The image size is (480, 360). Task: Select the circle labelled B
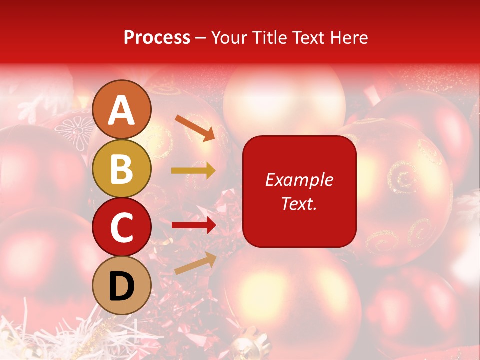(x=122, y=169)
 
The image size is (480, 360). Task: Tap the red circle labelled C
(x=122, y=227)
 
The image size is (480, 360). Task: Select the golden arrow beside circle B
(x=193, y=171)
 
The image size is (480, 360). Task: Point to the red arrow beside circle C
(x=193, y=225)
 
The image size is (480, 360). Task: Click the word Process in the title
(x=157, y=37)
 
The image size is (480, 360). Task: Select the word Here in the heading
(x=349, y=37)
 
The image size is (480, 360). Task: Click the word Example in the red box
(x=299, y=180)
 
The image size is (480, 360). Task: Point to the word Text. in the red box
(x=299, y=203)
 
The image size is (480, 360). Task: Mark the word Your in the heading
(x=228, y=37)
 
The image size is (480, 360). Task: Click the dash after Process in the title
(x=200, y=38)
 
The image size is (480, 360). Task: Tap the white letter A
(x=122, y=110)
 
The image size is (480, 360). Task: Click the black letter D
(x=122, y=287)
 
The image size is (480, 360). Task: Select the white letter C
(x=122, y=228)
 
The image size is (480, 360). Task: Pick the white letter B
(x=122, y=169)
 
